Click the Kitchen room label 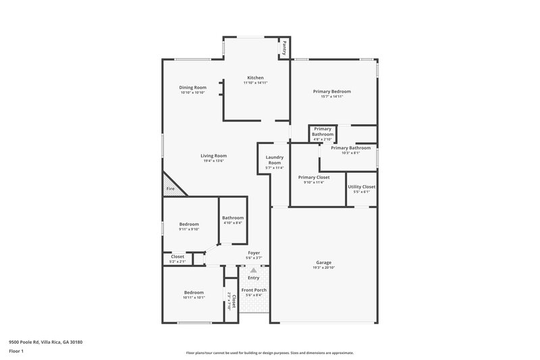pos(255,78)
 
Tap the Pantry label pos(285,48)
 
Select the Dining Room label pos(192,87)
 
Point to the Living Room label pos(213,155)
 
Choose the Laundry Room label pos(274,160)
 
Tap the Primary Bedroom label pos(331,91)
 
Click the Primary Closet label pos(314,177)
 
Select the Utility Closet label pos(361,186)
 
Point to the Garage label pos(323,262)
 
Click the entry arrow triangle pos(253,270)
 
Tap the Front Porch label pos(253,290)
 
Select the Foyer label pos(253,253)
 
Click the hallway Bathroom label pos(233,217)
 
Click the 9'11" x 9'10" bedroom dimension pos(189,229)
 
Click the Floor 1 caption pos(16,352)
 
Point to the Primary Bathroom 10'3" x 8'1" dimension pos(350,153)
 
